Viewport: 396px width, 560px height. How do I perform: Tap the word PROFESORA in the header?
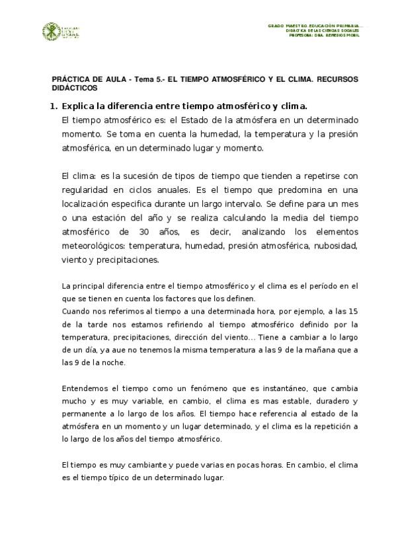(303, 36)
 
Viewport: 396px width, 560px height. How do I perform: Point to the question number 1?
(53, 106)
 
